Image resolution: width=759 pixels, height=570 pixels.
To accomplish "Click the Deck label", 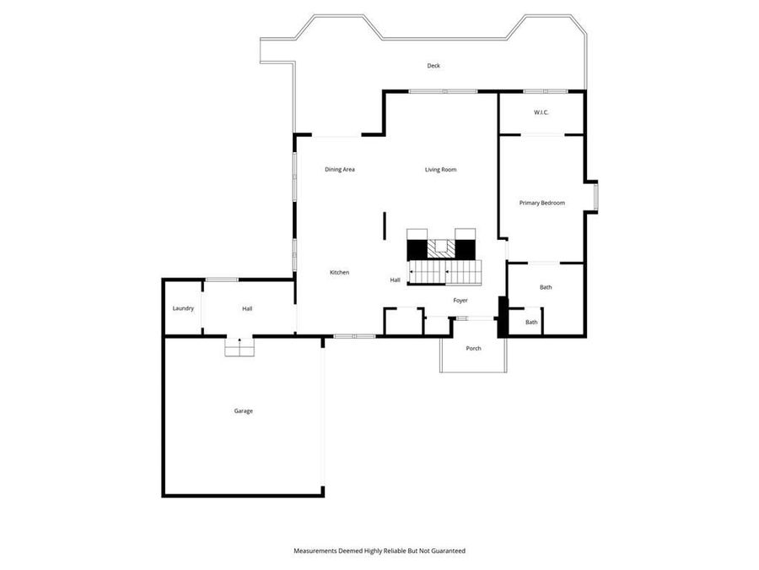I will click(x=433, y=66).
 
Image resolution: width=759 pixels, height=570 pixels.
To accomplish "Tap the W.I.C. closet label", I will click(x=541, y=112).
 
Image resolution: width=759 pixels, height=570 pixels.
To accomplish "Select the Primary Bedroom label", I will click(x=541, y=203).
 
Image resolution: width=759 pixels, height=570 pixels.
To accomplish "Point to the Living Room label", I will click(x=440, y=170).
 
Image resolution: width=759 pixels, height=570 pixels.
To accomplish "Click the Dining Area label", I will click(x=340, y=170).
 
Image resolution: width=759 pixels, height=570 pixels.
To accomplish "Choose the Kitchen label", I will click(x=339, y=272).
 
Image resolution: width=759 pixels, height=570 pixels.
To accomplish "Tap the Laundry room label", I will click(x=183, y=308).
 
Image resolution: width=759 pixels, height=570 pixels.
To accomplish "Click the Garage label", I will click(x=244, y=411).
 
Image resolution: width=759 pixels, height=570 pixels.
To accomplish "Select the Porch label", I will click(x=474, y=348).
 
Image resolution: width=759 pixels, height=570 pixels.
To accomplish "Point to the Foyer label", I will click(x=460, y=301).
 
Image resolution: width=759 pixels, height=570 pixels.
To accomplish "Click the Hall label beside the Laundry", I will click(x=247, y=308).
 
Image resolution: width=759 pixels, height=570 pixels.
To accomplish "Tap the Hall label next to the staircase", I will click(x=395, y=280).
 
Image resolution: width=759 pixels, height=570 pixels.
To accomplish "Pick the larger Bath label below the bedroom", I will click(x=546, y=288).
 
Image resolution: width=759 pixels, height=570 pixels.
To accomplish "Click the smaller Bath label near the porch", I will click(x=531, y=323).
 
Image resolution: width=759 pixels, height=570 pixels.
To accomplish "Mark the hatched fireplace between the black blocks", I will click(x=439, y=248).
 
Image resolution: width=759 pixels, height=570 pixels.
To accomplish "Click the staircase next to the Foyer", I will click(x=444, y=273).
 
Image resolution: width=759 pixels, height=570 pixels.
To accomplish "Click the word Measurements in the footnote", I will click(x=315, y=551).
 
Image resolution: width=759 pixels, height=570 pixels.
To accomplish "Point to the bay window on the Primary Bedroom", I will click(x=595, y=196).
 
